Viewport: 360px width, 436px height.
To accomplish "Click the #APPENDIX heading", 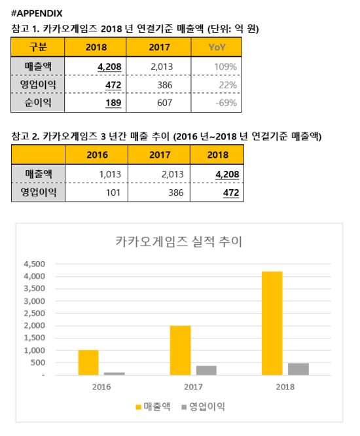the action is (37, 13).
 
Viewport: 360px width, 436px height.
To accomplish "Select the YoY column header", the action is (217, 47).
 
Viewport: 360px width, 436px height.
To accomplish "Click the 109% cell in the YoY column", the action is (225, 67).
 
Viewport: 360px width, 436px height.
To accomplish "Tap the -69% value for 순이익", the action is (226, 103).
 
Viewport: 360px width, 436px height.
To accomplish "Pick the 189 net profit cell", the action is (113, 103).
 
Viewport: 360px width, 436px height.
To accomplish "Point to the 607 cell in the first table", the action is (164, 103).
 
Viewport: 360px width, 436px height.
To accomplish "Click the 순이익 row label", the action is (38, 102).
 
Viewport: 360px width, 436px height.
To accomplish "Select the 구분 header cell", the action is (38, 46).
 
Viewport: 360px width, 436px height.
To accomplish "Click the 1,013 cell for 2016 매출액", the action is (110, 174).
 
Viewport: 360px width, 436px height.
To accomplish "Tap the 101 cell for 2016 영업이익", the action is (113, 192).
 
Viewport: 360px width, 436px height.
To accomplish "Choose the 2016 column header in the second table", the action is (97, 155).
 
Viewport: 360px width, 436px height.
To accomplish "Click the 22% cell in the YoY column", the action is (228, 85).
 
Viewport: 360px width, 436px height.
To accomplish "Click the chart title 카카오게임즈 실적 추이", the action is (179, 242).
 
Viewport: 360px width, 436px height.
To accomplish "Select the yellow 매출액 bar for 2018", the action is (272, 323).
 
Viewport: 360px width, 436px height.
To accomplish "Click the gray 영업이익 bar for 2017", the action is (206, 371).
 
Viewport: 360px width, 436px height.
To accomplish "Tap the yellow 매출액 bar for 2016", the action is (88, 363).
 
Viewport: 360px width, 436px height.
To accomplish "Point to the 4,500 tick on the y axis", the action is (35, 264).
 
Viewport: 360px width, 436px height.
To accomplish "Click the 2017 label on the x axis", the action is (193, 387).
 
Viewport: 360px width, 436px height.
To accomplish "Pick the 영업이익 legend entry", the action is (203, 407).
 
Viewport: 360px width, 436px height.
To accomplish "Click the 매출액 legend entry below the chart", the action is (153, 407).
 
